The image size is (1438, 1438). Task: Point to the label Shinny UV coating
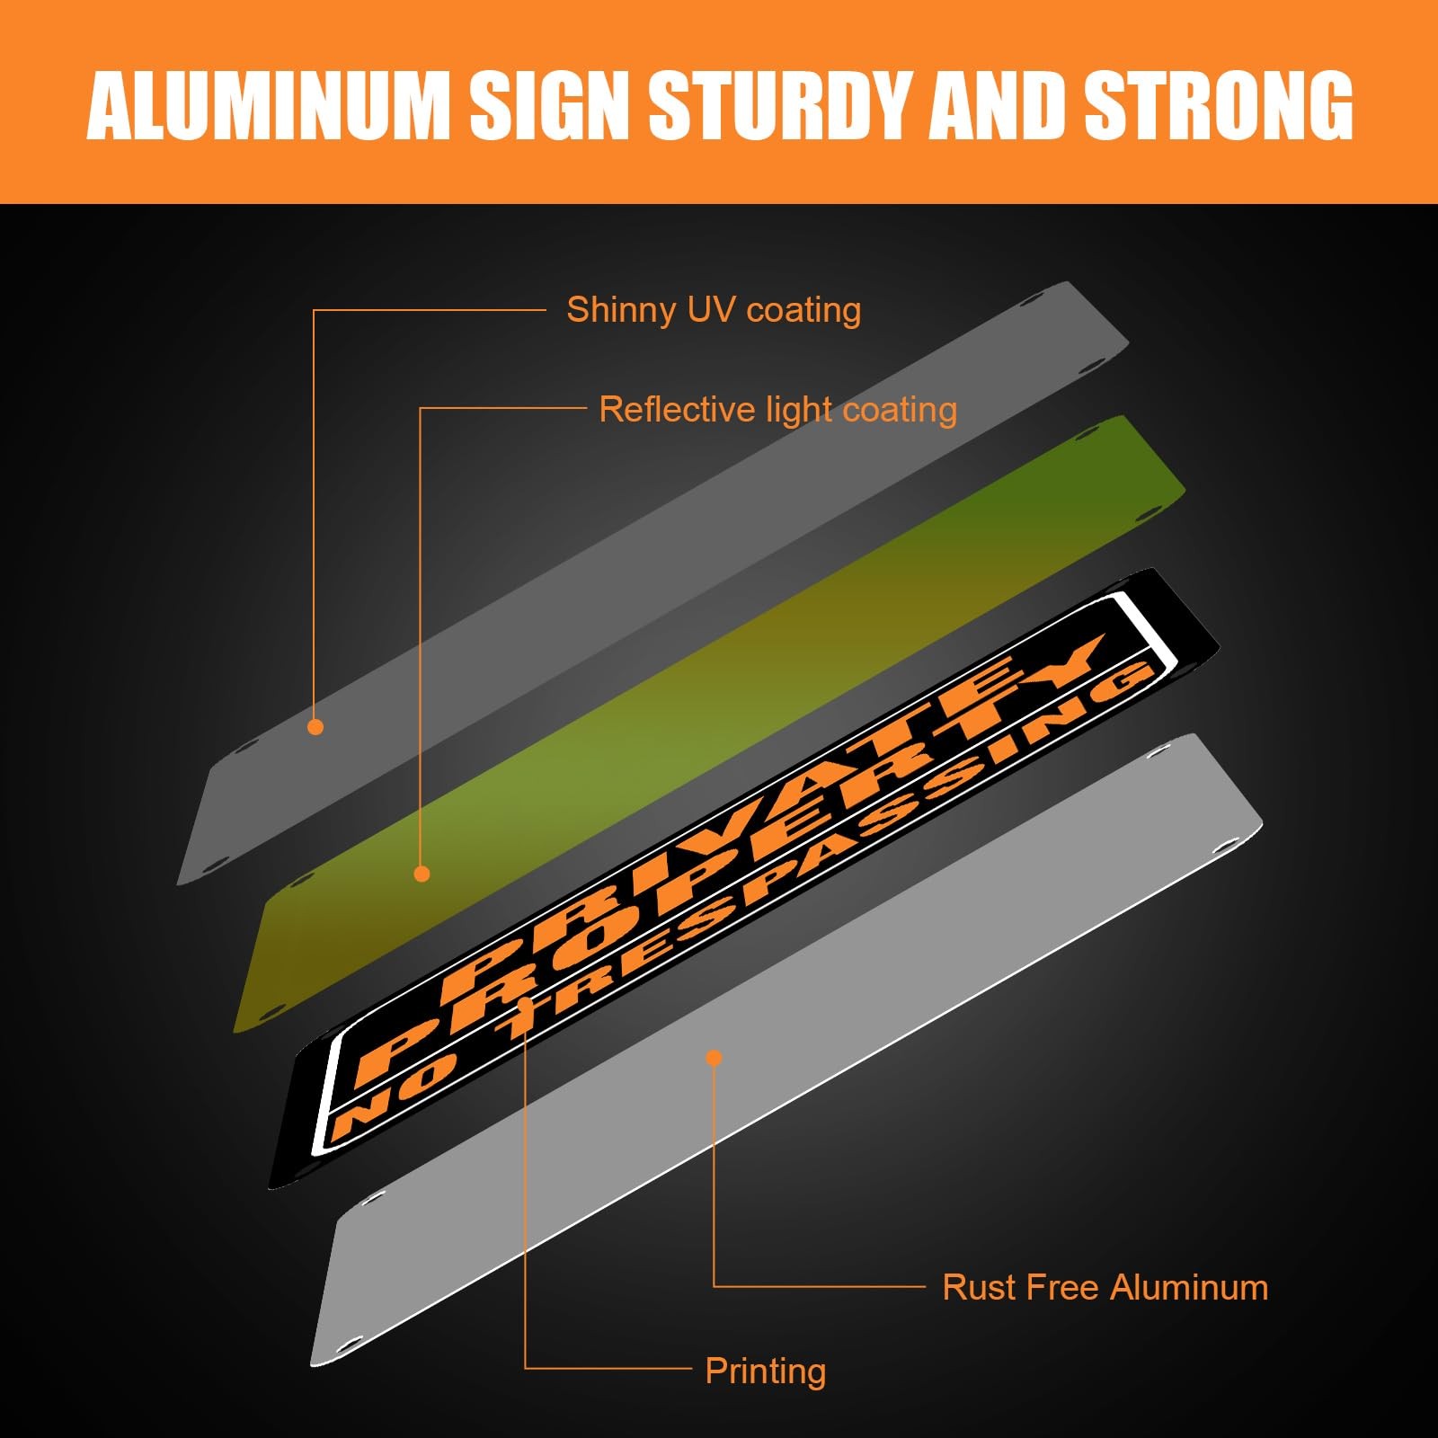[714, 310]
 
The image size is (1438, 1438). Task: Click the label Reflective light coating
[777, 410]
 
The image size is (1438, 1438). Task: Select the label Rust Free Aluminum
[1105, 1287]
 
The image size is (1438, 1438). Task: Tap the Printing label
[765, 1371]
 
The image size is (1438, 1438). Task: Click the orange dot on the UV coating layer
[315, 726]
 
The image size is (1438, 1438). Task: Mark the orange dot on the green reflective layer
[422, 874]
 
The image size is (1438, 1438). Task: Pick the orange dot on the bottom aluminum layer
[714, 1058]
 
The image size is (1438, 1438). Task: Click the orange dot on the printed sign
[526, 1003]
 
